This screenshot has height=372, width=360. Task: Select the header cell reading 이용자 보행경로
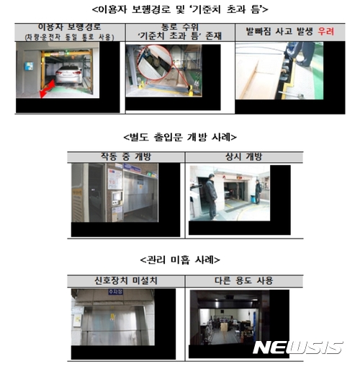(66, 27)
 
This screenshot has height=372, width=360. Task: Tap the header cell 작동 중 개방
(125, 156)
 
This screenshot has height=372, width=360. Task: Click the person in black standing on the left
(209, 198)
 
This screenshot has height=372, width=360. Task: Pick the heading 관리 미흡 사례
(180, 259)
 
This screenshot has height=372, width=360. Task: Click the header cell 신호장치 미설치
(125, 279)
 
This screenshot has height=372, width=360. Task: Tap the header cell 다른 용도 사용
(229, 279)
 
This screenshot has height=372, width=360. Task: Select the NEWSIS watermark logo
(297, 347)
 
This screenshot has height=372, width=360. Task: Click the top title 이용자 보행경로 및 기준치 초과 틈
(180, 9)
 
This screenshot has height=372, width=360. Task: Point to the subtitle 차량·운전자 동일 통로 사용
(66, 36)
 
